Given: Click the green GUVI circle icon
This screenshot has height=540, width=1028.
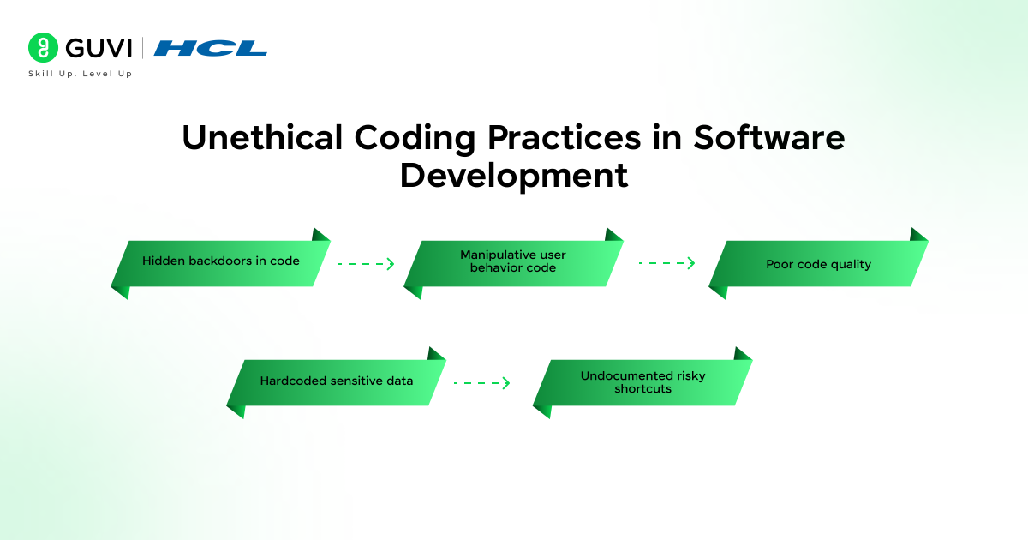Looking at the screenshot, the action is click(x=43, y=47).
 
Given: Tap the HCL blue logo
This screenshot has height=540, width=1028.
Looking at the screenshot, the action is click(x=210, y=48).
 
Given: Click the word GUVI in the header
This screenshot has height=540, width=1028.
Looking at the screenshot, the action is click(x=99, y=48).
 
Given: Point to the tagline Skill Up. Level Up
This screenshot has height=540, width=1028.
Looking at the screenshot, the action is click(x=81, y=74).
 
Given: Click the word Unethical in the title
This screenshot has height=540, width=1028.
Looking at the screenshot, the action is click(x=262, y=137).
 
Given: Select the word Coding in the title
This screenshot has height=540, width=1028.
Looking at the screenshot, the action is click(x=415, y=138).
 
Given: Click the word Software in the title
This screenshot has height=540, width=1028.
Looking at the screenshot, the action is click(x=768, y=137).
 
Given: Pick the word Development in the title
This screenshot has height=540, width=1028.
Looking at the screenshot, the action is click(x=514, y=177).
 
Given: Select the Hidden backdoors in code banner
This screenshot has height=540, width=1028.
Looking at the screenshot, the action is click(x=221, y=264).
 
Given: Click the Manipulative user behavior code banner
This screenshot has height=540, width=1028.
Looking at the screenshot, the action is click(x=513, y=264).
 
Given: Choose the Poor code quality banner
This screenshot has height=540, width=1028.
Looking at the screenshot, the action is click(x=819, y=264).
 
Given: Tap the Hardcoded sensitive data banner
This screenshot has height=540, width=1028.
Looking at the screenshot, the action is click(x=337, y=382).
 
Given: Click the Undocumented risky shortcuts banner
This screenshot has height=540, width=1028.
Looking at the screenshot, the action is click(x=642, y=382).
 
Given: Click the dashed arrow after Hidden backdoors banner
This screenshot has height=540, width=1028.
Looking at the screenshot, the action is click(x=367, y=264).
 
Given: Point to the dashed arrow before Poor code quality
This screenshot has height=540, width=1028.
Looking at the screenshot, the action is click(x=666, y=263).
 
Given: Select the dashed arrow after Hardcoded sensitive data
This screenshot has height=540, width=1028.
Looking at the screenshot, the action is click(x=481, y=382).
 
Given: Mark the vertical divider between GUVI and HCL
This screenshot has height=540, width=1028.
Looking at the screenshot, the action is click(x=142, y=48).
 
